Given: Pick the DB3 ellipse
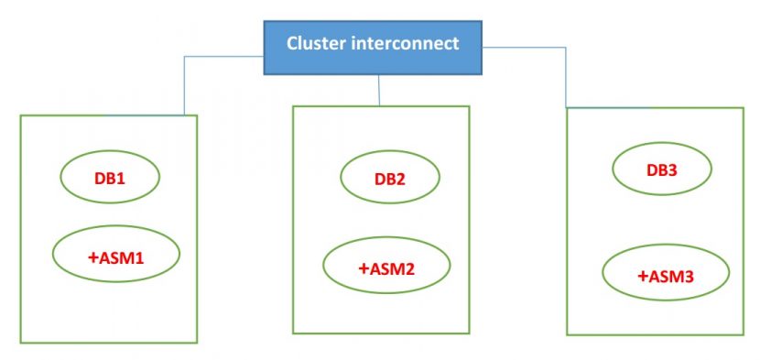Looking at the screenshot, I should [661, 169].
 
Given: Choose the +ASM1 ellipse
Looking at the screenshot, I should [116, 257].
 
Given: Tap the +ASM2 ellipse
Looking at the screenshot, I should [386, 267].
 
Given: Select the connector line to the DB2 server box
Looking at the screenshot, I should [379, 90].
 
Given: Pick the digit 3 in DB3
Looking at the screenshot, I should [674, 169].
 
